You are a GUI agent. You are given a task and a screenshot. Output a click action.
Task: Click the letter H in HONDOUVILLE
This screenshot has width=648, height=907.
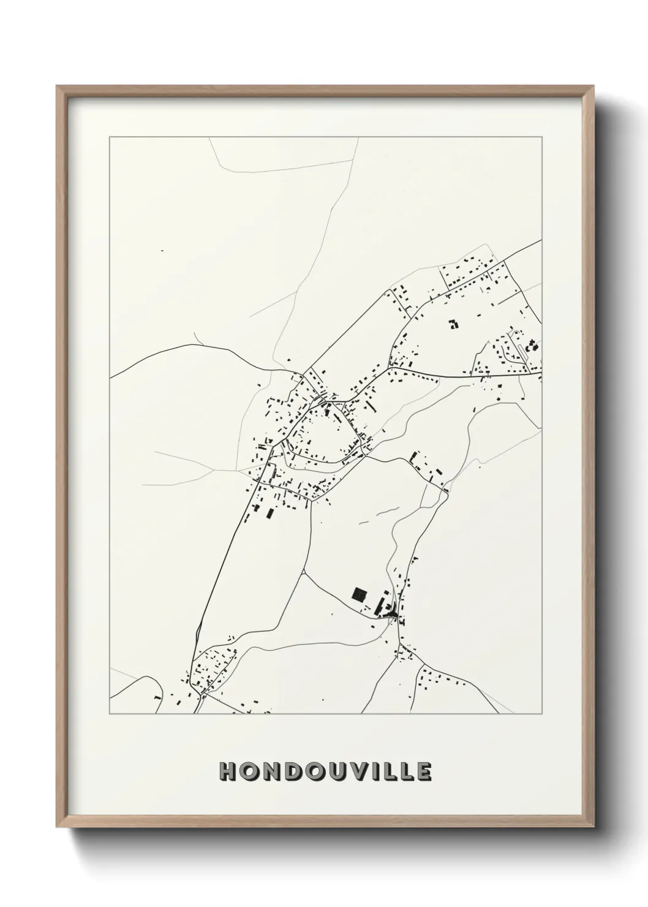coord(228,772)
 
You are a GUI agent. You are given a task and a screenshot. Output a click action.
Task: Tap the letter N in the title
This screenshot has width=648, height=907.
coord(270,772)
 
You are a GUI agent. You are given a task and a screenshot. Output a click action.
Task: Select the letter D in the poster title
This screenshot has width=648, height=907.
coord(292,772)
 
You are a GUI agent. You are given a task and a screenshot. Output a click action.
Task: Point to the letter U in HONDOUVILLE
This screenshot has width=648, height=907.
coord(336,772)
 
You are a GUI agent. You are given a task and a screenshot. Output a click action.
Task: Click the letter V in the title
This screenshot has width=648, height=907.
coord(358,772)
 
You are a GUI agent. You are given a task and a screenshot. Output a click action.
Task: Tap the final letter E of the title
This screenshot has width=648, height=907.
coord(424,772)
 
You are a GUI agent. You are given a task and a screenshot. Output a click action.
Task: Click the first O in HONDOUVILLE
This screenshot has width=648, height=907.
coord(249,772)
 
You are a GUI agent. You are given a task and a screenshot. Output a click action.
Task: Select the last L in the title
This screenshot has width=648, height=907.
coord(406,772)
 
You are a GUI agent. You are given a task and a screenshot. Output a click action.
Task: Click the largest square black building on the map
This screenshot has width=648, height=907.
coord(359,593)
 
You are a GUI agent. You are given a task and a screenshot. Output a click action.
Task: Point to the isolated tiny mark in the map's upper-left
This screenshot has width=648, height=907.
coord(162,251)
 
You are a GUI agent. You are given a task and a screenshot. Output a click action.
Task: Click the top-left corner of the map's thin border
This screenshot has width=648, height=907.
coord(110,137)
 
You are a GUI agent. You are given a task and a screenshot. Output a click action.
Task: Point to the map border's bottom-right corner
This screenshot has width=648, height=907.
coord(541,714)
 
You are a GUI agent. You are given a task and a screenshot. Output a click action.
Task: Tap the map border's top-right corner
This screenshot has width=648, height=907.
coord(541,137)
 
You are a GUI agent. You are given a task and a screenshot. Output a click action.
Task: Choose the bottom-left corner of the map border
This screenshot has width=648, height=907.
coord(110,714)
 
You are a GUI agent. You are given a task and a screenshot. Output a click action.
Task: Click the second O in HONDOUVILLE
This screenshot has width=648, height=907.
coord(314,772)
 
